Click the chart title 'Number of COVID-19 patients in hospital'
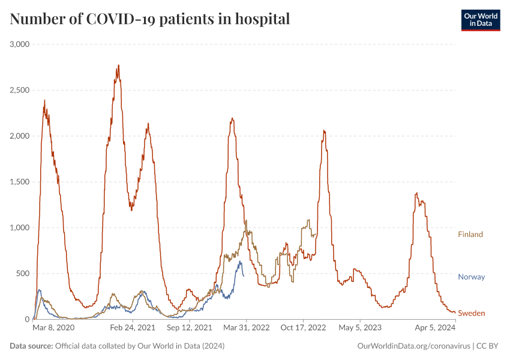150,19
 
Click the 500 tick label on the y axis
24,274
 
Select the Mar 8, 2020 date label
53,328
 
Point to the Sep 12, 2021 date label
190,328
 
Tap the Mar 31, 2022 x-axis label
247,328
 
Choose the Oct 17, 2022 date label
303,328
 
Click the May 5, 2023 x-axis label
360,328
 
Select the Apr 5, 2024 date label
436,328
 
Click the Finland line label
470,235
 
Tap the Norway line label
471,277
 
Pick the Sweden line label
471,313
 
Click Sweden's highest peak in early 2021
118,65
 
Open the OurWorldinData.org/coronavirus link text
413,346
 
